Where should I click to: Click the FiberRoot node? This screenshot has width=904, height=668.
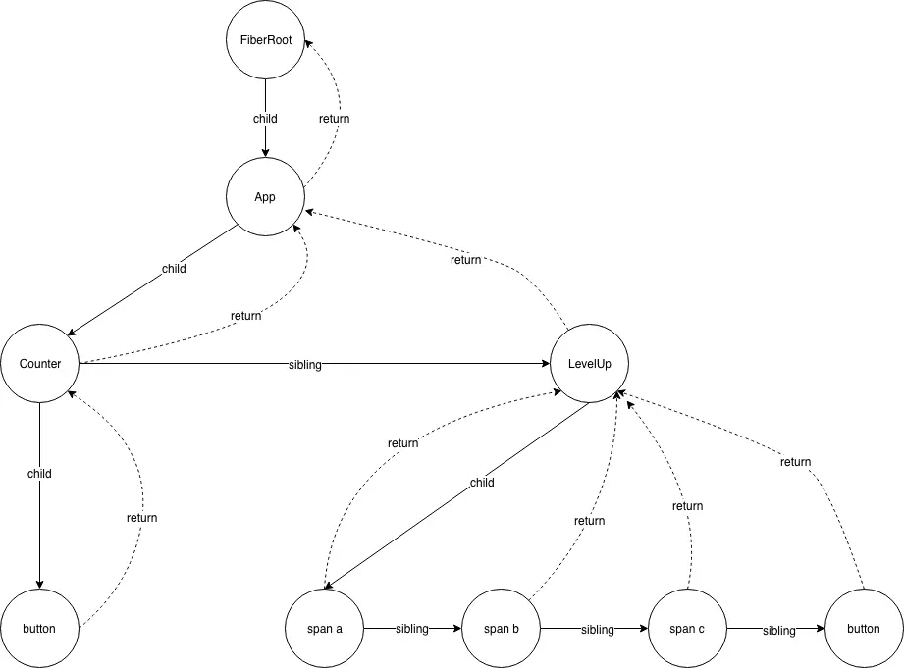pos(265,40)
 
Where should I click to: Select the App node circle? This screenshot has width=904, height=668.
pos(265,196)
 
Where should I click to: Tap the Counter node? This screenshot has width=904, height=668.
pos(40,364)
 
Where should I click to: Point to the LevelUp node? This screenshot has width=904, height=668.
pos(589,364)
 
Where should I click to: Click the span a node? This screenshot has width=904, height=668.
pos(324,628)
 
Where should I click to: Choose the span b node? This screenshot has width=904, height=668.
pos(501,628)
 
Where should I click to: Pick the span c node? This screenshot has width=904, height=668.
pos(687,628)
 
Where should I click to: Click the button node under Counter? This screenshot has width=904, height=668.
pos(40,628)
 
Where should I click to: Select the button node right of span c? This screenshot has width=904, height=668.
pos(864,628)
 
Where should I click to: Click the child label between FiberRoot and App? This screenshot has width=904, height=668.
pos(265,119)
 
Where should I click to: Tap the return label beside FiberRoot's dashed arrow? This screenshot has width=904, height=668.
pos(334,119)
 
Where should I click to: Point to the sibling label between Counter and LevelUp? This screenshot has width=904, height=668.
pos(304,365)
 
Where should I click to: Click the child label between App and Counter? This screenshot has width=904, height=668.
pos(174,268)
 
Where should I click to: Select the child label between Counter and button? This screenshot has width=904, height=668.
pos(39,474)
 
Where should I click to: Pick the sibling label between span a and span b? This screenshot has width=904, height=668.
pos(412,629)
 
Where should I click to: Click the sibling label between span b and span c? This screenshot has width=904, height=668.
pos(597,629)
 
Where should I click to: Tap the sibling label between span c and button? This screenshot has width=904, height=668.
pos(779,630)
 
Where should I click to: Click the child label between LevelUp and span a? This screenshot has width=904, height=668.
pos(482,483)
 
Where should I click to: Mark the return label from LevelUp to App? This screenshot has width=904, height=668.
pos(465,260)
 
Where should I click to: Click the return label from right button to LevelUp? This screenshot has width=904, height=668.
pos(795,461)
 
